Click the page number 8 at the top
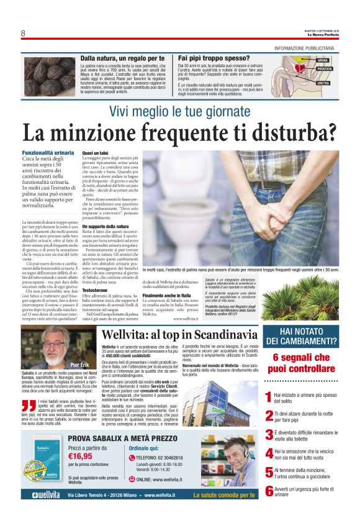(x=23, y=33)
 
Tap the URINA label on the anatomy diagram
(x=323, y=60)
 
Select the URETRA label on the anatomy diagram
(x=323, y=83)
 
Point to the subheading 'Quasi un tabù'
(x=96, y=153)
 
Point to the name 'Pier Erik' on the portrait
(x=79, y=365)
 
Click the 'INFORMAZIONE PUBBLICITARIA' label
(x=307, y=48)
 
